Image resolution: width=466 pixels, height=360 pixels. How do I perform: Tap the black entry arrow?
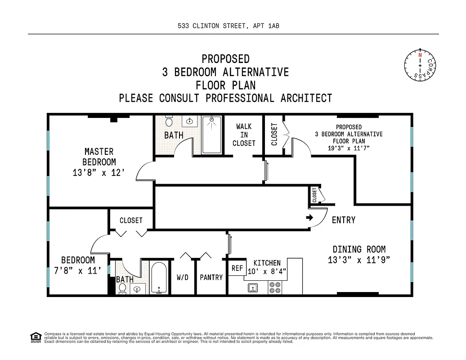[x=310, y=218]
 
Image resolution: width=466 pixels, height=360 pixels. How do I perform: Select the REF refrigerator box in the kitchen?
[x=237, y=268]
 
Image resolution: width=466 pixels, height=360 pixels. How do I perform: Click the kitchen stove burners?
[x=275, y=287]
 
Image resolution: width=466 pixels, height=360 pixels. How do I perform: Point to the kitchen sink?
[x=253, y=288]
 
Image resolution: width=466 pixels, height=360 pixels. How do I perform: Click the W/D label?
[x=182, y=277]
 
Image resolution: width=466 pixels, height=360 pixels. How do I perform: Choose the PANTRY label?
[x=211, y=277]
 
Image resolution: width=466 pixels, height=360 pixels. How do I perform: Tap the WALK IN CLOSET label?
[x=244, y=135]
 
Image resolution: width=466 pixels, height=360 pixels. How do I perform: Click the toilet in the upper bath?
[x=169, y=121]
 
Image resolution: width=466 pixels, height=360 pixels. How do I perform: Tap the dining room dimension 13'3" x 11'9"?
[x=358, y=260]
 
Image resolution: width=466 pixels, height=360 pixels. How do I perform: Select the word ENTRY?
[x=344, y=220]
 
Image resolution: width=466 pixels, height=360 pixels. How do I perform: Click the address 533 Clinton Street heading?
[x=229, y=26]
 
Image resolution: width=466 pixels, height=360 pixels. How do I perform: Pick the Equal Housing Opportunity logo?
[x=35, y=336]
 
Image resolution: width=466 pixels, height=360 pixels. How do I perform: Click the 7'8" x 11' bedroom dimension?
[x=78, y=270]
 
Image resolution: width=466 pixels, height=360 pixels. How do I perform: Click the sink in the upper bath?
[x=190, y=121]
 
